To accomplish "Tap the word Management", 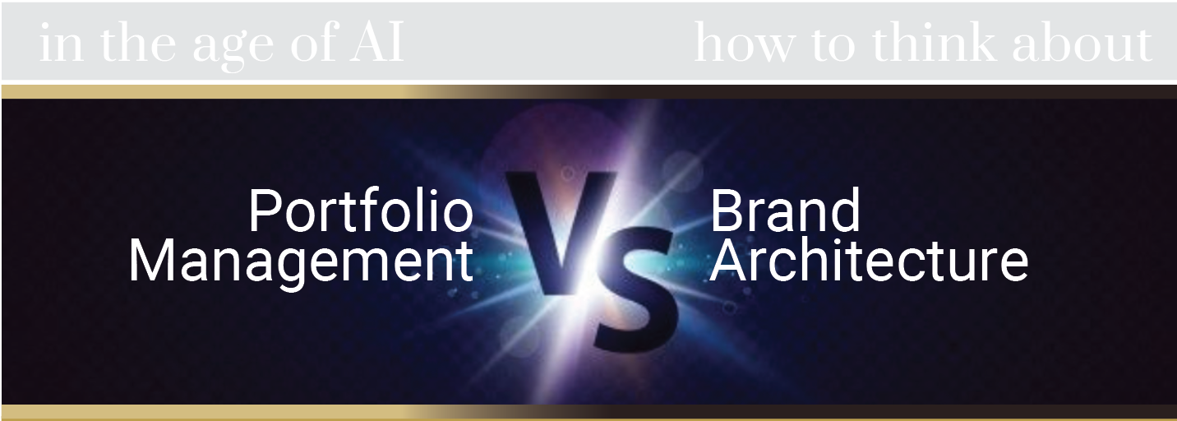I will point(301,261).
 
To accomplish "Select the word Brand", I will point(785,210).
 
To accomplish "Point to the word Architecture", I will point(869,261).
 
